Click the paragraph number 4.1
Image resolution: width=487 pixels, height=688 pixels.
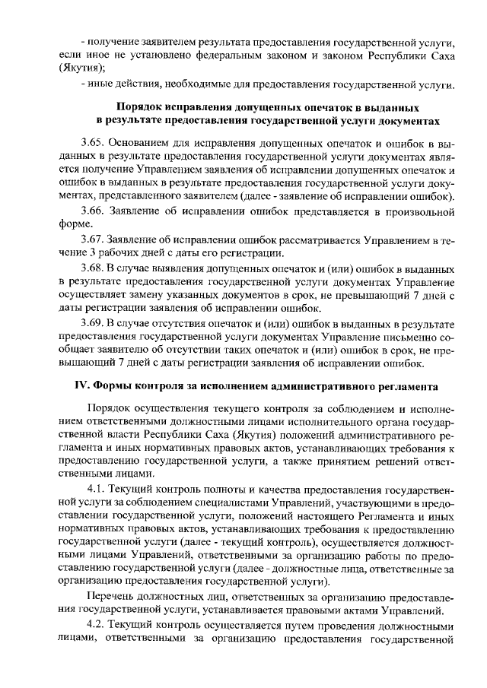pyautogui.click(x=100, y=488)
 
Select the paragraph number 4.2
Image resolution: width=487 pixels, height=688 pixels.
pyautogui.click(x=100, y=624)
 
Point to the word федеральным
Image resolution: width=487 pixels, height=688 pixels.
pyautogui.click(x=203, y=55)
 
